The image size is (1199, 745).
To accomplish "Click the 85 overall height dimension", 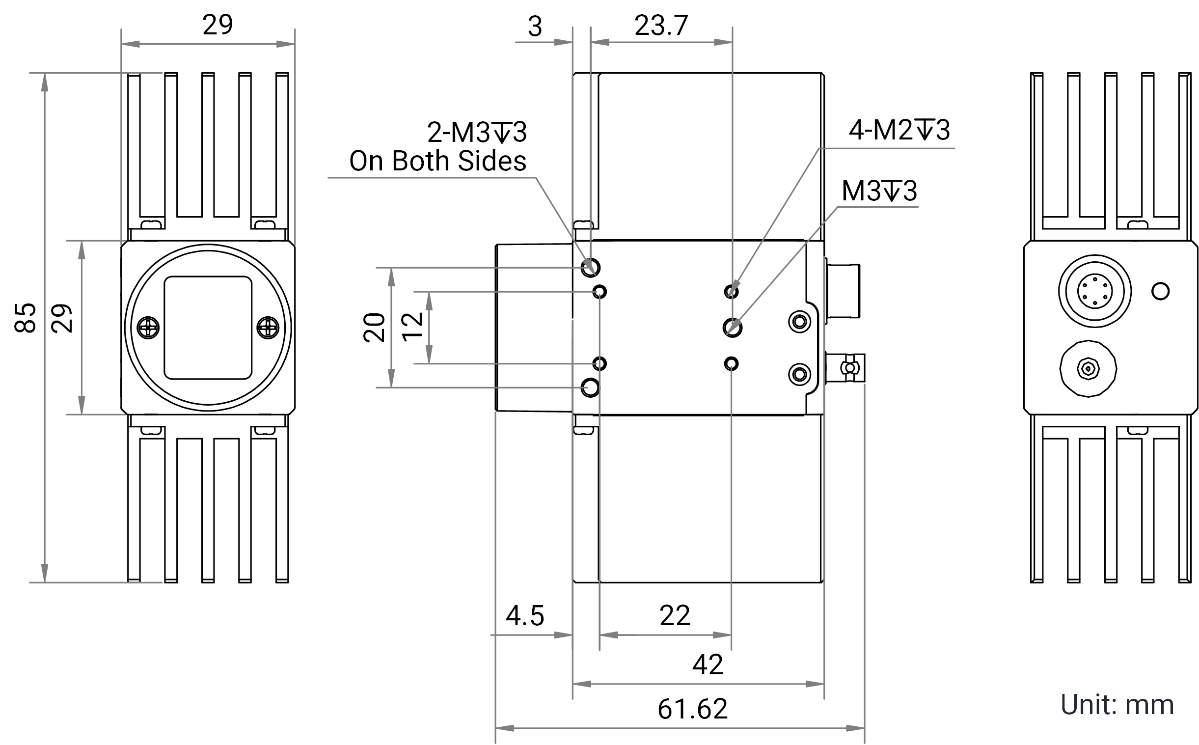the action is pos(25,318).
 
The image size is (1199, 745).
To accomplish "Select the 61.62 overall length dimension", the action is pos(692,709).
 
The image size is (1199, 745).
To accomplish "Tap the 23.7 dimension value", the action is pos(661,26).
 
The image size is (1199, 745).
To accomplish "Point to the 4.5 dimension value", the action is pos(525,616).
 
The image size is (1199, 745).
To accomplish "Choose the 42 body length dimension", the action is pos(708,664).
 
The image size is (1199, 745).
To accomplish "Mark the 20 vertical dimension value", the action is pos(374,327).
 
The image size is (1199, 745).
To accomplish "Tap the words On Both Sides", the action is pos(437,161).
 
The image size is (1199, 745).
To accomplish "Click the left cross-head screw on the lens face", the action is pos(148,328).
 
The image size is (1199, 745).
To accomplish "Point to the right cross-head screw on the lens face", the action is pos(268,328).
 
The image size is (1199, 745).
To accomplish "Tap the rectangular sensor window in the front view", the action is pos(208,328).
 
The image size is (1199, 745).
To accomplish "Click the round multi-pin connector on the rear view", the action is pos(1094,291).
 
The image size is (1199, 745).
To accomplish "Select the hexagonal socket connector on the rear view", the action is pos(1088,368).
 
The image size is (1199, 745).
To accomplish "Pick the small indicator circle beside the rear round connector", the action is pos(1161,291).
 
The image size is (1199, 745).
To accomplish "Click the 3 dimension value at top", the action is pos(535,27).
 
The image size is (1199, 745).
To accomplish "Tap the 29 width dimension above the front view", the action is pos(217,25).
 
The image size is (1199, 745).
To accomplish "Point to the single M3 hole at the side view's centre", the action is pos(733,328).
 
